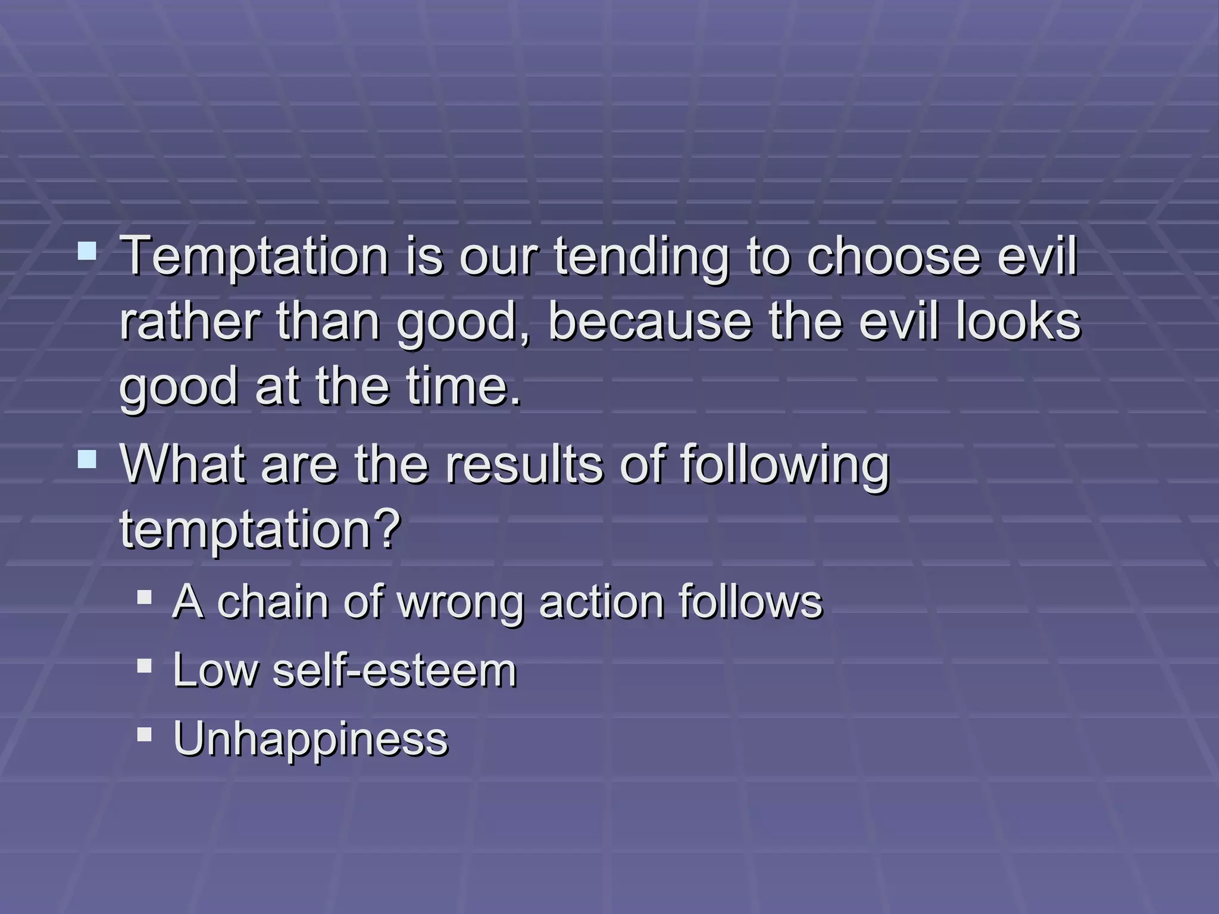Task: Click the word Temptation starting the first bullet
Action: [x=254, y=257]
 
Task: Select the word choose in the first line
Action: [x=893, y=257]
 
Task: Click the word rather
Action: [x=190, y=322]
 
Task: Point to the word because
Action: [x=649, y=322]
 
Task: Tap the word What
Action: [x=182, y=465]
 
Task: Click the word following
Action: [x=784, y=465]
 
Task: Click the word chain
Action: [x=272, y=602]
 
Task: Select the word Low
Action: [x=215, y=671]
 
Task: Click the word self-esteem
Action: [x=394, y=671]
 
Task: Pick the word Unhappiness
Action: [x=310, y=739]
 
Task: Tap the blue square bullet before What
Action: [x=87, y=459]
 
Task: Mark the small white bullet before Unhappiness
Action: [x=144, y=734]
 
